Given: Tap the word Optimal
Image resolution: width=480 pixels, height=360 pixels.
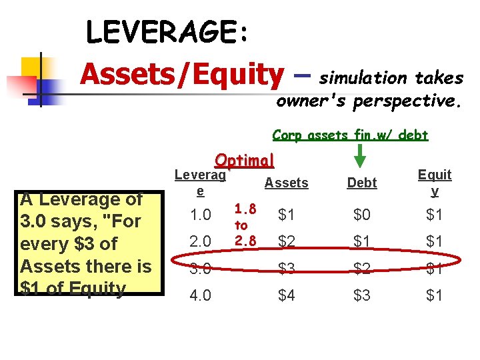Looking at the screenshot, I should coord(245,161).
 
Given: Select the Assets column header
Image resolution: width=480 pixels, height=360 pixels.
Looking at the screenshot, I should coord(287,183).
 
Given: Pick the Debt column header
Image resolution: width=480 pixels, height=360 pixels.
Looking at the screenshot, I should coord(362,183).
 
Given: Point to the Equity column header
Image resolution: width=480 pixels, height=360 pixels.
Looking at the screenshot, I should coord(435,183).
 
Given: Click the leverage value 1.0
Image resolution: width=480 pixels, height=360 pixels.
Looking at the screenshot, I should coord(200,215).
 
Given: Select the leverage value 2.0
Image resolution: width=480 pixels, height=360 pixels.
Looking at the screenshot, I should coord(200,241).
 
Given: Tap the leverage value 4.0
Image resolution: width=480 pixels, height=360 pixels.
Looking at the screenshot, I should coord(200,295).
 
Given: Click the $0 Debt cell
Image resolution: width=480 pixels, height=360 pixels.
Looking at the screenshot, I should coord(362,215).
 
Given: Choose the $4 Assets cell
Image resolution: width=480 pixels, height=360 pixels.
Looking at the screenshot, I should coord(287,295).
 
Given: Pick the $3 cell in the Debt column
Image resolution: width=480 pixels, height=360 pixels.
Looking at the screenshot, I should coord(362,295).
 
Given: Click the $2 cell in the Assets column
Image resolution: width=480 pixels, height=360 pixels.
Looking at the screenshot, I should coord(287,241).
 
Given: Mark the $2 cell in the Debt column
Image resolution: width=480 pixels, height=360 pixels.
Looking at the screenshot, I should coord(362,268).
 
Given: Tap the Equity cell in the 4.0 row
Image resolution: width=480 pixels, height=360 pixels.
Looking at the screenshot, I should coord(435,295).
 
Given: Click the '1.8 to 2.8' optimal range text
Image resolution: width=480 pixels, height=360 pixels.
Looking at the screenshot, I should coord(245,225).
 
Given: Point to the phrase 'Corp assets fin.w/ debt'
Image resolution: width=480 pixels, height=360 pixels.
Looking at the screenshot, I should coord(350,135).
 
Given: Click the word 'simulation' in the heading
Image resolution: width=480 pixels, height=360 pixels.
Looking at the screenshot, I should coord(363,78).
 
